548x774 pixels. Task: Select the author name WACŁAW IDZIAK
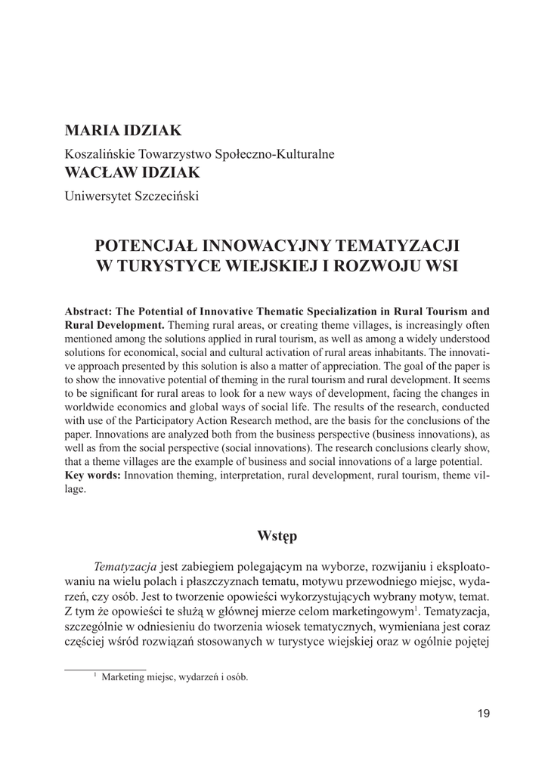132,173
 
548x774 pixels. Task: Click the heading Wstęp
277,536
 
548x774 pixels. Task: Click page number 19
482,713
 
